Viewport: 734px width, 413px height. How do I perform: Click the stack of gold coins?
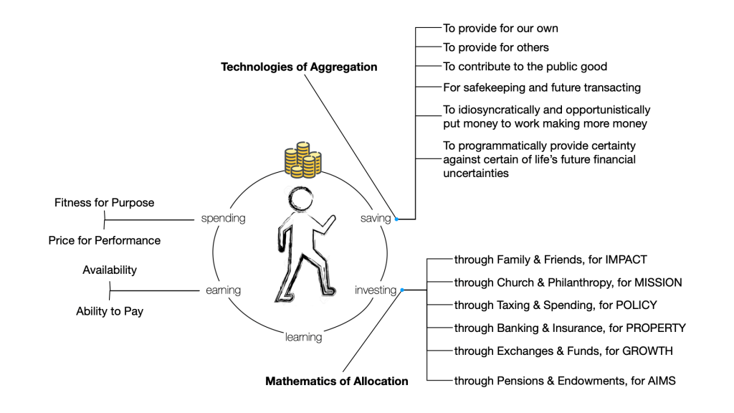pyautogui.click(x=300, y=160)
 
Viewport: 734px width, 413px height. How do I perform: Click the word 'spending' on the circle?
pyautogui.click(x=223, y=218)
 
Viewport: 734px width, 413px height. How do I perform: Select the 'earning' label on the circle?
pyautogui.click(x=222, y=290)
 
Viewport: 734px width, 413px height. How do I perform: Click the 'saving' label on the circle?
pyautogui.click(x=376, y=218)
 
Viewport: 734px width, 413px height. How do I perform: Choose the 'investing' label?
pyautogui.click(x=376, y=290)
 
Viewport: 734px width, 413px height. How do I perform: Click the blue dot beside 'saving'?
pyautogui.click(x=396, y=219)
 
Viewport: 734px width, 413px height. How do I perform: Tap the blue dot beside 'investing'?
pyautogui.click(x=402, y=290)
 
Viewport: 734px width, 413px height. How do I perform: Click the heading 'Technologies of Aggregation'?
pyautogui.click(x=299, y=67)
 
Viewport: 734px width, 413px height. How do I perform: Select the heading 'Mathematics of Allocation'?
pyautogui.click(x=336, y=381)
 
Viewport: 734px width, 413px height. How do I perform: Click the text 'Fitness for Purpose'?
pyautogui.click(x=104, y=203)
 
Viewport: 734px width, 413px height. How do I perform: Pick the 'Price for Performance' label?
pyautogui.click(x=104, y=240)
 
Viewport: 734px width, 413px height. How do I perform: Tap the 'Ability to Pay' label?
pyautogui.click(x=109, y=311)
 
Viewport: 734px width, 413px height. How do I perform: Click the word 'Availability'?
pyautogui.click(x=109, y=270)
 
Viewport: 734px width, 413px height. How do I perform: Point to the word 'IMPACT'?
pyautogui.click(x=626, y=260)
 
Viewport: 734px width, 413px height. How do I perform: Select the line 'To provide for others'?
pyautogui.click(x=495, y=47)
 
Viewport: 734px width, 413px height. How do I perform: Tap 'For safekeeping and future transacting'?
pyautogui.click(x=541, y=87)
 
